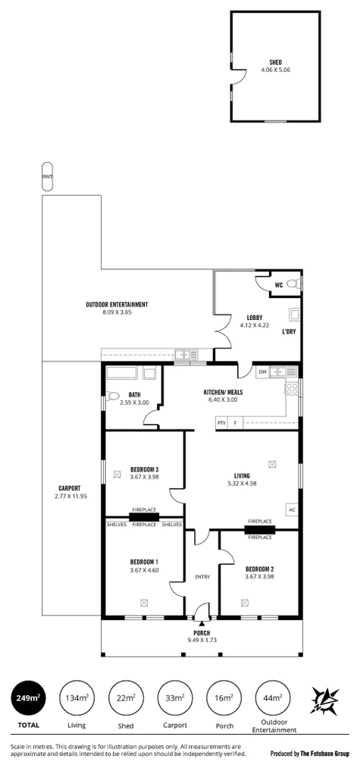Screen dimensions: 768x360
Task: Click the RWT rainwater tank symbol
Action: point(48,177)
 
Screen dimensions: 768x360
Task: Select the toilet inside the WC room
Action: point(294,284)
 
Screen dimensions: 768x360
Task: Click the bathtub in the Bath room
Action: point(121,373)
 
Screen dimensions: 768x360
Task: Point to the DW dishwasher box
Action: point(262,371)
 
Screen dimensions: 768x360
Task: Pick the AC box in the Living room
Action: point(291,509)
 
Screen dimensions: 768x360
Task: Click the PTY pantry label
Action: point(221,422)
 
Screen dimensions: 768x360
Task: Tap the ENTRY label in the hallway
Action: point(202,577)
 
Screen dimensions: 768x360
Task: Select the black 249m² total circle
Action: point(27,698)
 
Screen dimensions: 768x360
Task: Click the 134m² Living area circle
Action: point(76,698)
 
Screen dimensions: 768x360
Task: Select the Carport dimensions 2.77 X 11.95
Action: point(70,496)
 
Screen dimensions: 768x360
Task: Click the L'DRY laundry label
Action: point(289,332)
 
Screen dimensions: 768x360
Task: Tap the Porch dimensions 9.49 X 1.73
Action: point(202,641)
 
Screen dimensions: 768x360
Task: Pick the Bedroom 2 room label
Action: point(259,569)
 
